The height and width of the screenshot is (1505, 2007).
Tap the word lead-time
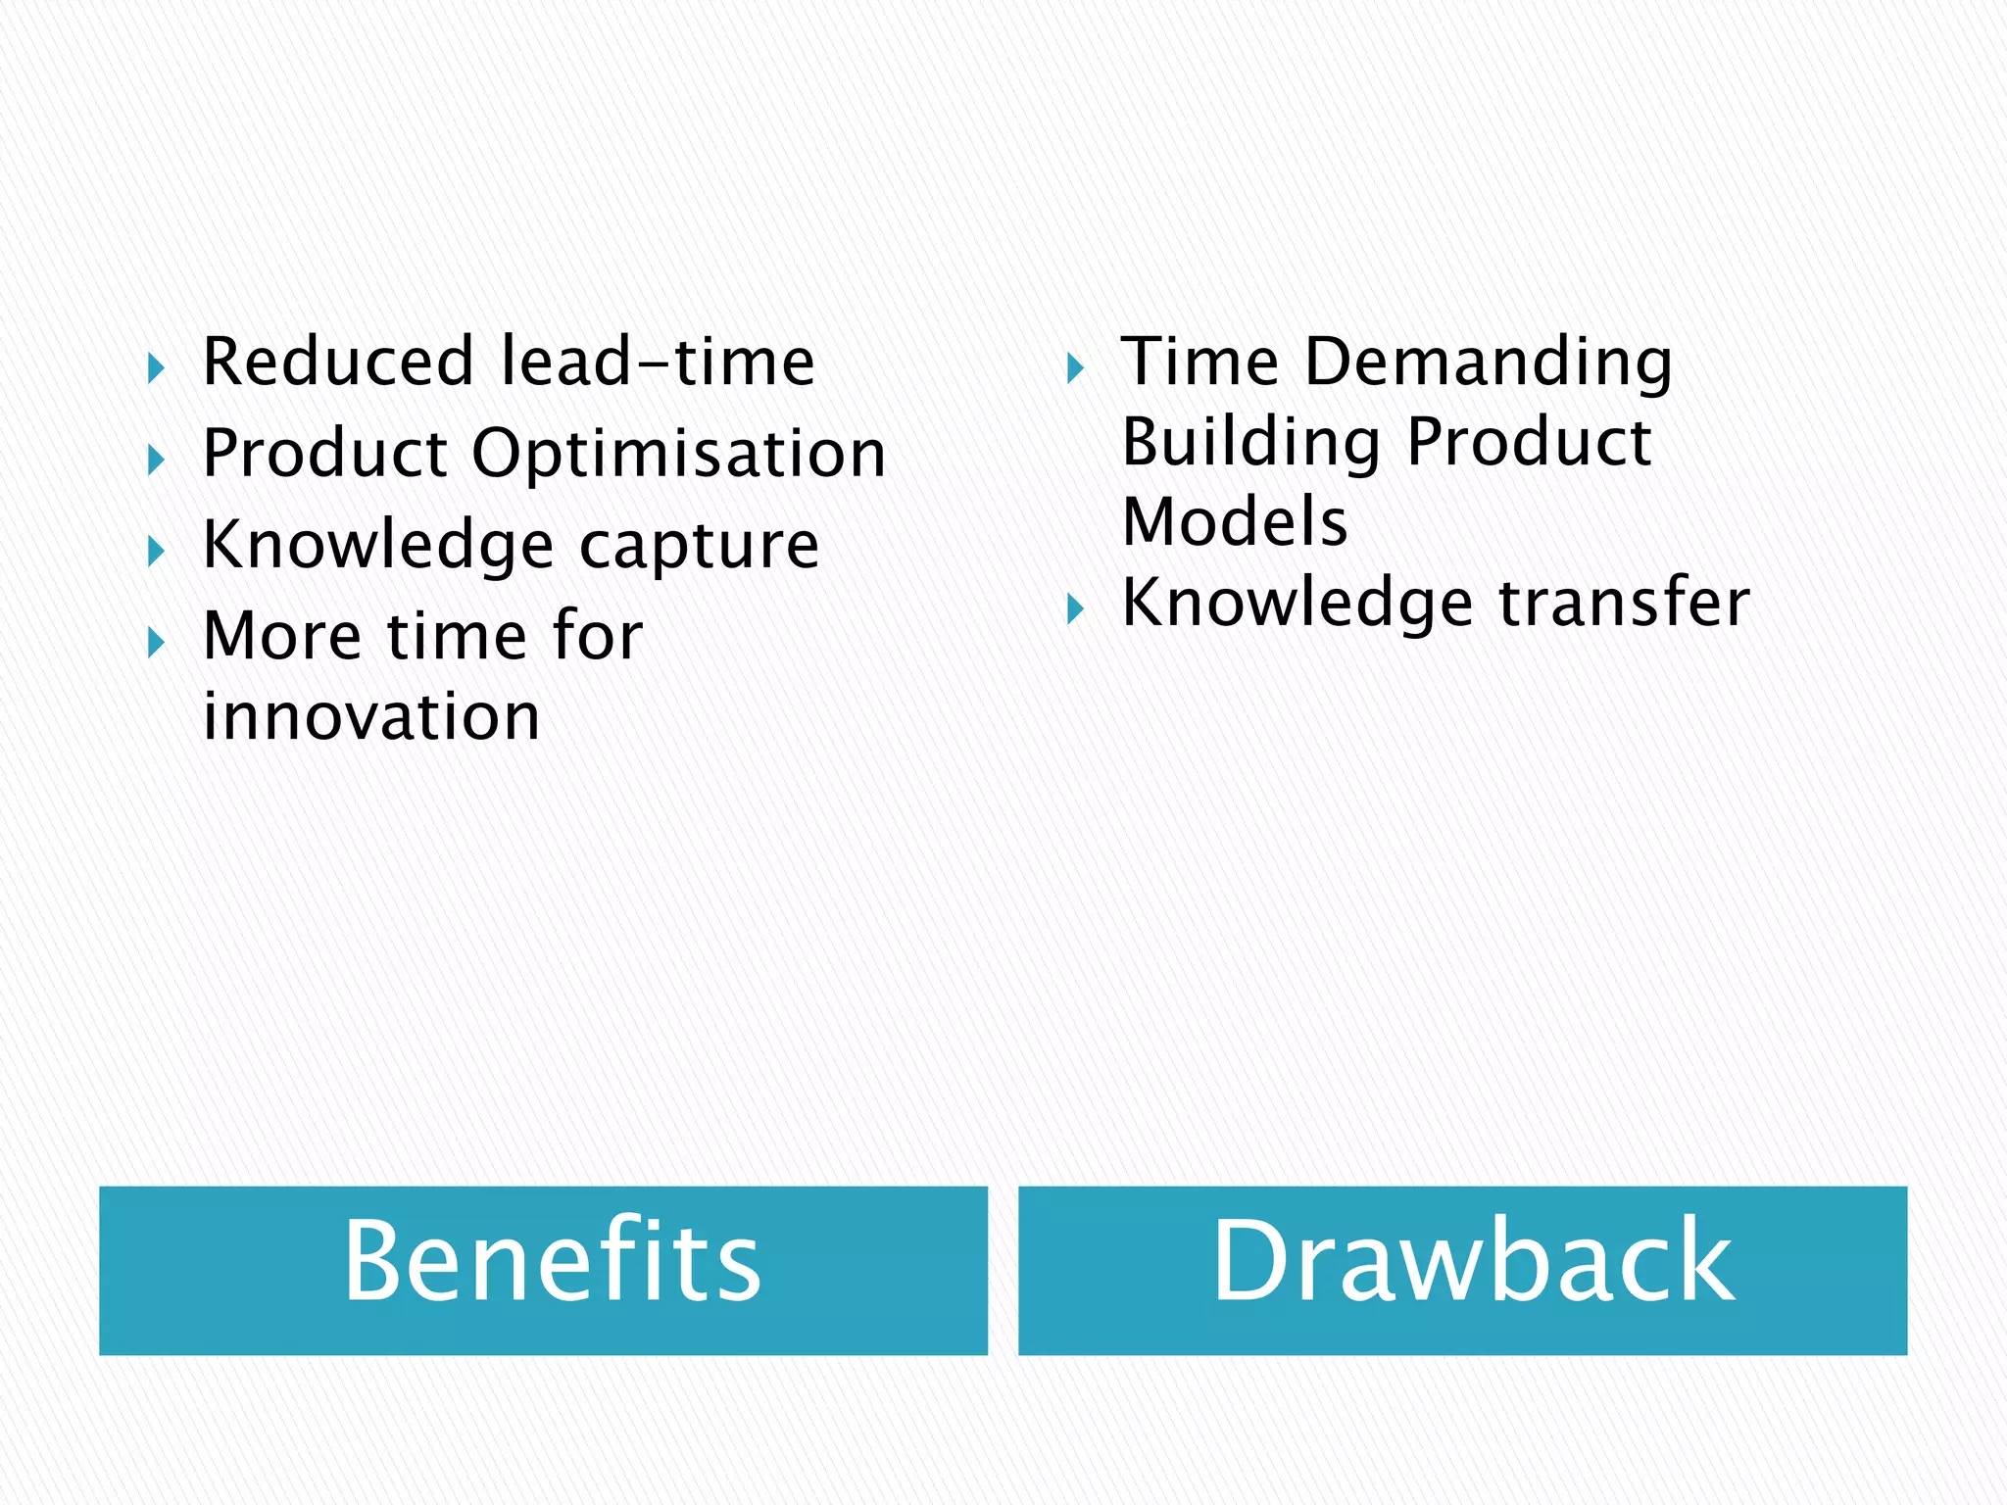pos(658,362)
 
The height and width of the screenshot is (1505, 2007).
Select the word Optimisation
pos(679,454)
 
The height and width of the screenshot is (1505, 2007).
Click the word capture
pos(700,545)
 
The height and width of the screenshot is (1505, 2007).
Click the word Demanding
pos(1489,362)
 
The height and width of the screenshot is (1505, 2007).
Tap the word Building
pos(1251,442)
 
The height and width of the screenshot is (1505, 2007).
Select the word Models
pos(1235,521)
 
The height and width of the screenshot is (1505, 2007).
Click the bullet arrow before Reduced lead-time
pos(156,369)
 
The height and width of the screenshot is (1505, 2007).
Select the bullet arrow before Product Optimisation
pos(156,460)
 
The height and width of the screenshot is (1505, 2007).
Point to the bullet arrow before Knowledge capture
pos(156,552)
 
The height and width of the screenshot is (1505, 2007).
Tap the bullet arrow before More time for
pos(156,643)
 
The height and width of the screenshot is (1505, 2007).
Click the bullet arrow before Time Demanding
pos(1075,369)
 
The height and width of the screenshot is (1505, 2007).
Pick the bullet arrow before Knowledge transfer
pos(1075,609)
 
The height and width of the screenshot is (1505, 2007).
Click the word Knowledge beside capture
pos(378,545)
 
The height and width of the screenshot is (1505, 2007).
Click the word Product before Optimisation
pos(325,454)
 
